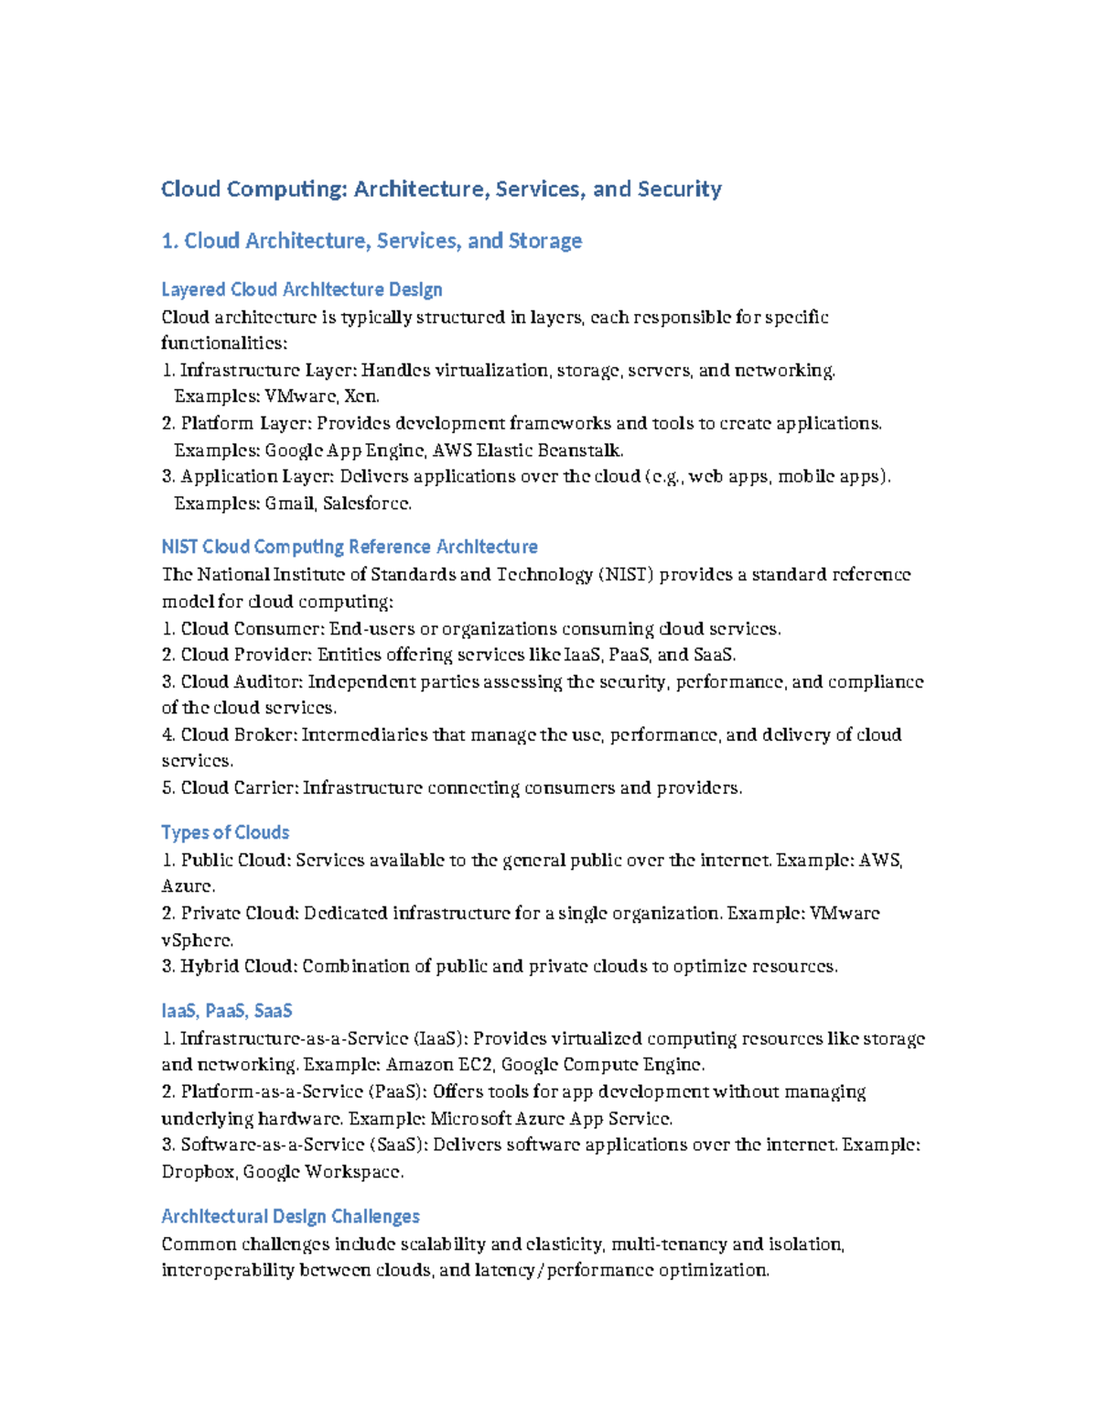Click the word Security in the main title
[679, 190]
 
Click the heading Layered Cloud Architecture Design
[301, 289]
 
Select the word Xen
[361, 396]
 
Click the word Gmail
[289, 504]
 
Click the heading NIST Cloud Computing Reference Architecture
[349, 547]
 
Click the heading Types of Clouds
[225, 832]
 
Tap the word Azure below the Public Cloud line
[187, 886]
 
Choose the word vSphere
[197, 940]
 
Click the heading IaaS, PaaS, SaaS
[226, 1011]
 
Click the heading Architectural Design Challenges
[290, 1216]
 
